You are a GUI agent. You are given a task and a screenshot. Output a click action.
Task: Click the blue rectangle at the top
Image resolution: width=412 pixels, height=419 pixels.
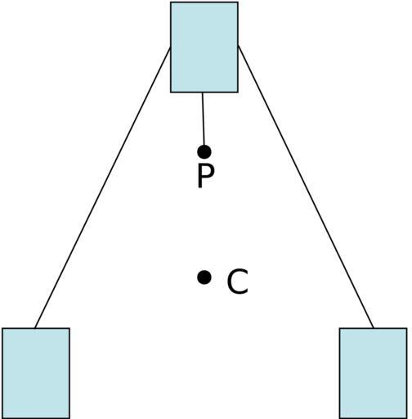[204, 47]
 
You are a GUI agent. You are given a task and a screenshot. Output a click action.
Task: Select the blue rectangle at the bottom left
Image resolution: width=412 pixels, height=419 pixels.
[36, 373]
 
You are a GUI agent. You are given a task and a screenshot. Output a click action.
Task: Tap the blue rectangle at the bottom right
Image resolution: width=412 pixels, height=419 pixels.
[373, 373]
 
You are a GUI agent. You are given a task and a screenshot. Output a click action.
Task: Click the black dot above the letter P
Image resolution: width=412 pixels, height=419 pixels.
[204, 151]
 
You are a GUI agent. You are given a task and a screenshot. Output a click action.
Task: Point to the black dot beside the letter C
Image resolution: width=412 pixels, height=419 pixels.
[204, 277]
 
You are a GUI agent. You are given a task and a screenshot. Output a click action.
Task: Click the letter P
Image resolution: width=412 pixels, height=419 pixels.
[206, 177]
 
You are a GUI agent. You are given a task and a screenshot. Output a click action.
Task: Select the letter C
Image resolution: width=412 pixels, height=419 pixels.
[237, 282]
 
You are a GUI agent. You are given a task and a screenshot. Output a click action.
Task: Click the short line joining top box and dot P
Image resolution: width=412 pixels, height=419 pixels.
[203, 119]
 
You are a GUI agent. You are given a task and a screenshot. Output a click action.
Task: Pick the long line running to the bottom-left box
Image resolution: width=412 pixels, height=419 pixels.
[103, 187]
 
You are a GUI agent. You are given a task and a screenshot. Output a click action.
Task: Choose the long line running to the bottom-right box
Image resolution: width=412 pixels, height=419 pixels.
[306, 187]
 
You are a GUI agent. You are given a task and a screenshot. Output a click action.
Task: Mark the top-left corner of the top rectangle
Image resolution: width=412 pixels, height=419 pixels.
[171, 2]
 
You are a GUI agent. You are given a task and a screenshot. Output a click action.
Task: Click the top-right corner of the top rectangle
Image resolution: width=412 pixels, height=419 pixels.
[238, 2]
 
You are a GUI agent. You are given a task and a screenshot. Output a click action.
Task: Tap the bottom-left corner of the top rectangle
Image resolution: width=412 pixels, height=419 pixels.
[171, 92]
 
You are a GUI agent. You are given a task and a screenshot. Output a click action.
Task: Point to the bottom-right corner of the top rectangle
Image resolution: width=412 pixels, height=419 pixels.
[238, 92]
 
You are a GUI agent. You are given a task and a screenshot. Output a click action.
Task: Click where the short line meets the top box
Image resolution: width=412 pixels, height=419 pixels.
[202, 92]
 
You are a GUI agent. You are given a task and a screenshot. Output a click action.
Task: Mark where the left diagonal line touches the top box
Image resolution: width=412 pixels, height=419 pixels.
[171, 47]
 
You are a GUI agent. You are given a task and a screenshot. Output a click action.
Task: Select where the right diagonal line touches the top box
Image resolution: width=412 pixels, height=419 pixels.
[238, 46]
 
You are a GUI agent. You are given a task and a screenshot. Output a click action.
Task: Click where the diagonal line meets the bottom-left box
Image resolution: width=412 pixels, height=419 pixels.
[35, 328]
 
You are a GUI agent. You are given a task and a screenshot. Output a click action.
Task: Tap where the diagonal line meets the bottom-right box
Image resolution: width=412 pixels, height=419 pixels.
[374, 328]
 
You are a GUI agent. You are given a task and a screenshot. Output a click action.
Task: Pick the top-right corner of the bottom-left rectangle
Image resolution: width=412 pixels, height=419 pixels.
[69, 328]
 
